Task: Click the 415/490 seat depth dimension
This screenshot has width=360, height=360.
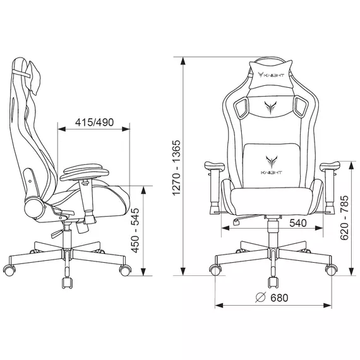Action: (94, 123)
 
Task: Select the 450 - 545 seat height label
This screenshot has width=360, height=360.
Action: (135, 231)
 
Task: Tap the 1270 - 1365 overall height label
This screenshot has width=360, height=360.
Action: (177, 167)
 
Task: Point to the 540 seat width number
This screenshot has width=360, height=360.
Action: (298, 223)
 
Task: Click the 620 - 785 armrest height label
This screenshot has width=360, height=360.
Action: (344, 218)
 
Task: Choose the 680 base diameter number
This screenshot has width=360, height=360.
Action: (279, 297)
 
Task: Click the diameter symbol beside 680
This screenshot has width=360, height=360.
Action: (261, 297)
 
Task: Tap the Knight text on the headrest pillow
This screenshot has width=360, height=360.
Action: (273, 75)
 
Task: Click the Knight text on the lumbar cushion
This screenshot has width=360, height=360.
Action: (271, 172)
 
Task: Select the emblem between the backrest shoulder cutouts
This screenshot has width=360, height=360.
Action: (270, 107)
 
